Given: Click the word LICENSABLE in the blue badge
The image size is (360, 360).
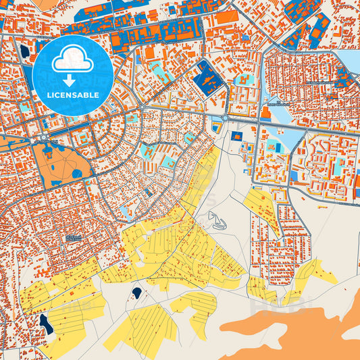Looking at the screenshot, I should click(x=72, y=95).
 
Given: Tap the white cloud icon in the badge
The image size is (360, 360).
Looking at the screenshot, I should click(x=72, y=61).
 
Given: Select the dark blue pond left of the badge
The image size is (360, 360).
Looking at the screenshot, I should click(x=25, y=51).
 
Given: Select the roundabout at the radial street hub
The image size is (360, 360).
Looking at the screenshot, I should click(x=143, y=107).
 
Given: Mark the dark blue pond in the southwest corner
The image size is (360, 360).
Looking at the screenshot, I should click(x=46, y=324).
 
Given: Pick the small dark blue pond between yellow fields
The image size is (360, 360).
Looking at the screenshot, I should click(x=137, y=292).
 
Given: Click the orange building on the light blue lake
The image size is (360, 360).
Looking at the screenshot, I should click(x=272, y=145).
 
